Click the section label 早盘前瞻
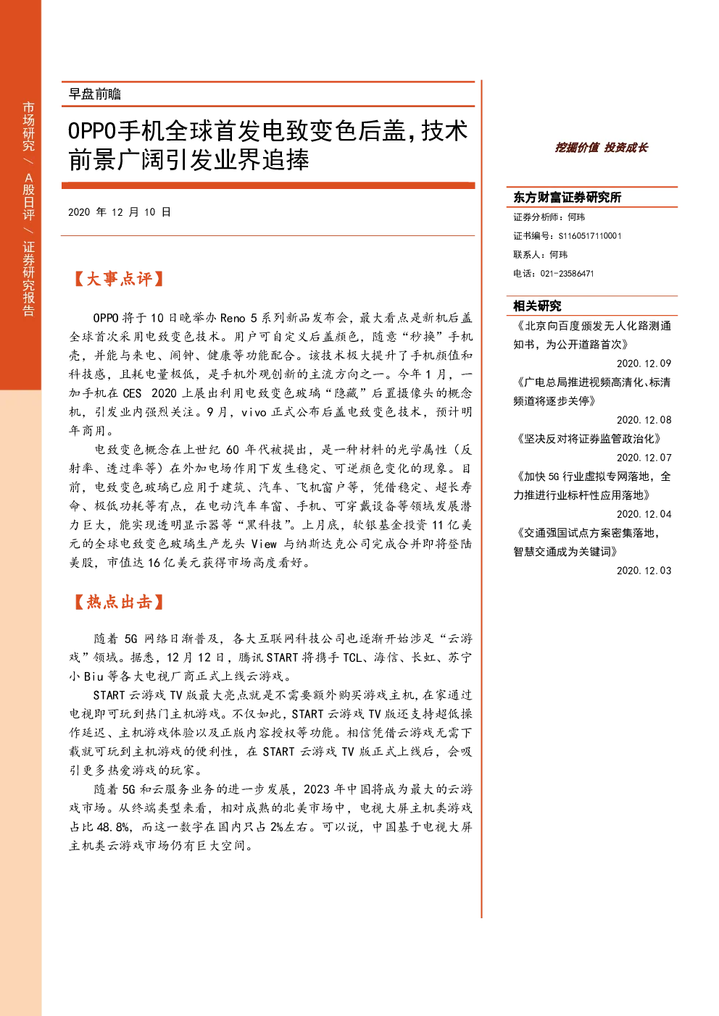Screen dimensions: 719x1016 (95, 94)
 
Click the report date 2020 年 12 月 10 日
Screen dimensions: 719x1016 (120, 212)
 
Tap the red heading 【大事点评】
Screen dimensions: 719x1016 (118, 279)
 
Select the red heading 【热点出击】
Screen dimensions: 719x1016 (118, 602)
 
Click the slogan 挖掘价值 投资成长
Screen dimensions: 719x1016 (602, 148)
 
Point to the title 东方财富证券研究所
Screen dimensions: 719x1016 (567, 197)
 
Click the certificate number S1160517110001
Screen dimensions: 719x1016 (590, 236)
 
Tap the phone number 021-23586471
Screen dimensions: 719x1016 (567, 274)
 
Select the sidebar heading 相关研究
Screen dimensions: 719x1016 (537, 306)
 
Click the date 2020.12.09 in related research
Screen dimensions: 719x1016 (644, 364)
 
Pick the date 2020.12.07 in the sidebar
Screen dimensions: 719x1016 (644, 458)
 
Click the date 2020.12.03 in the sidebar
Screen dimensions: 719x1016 (644, 571)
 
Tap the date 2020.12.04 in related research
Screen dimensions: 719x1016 (644, 514)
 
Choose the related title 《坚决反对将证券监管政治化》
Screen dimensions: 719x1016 (589, 439)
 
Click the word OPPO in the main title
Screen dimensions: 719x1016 (92, 131)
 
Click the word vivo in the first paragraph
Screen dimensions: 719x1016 (254, 412)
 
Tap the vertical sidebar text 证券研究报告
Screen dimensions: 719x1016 (28, 278)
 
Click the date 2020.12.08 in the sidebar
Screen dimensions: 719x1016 (644, 420)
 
